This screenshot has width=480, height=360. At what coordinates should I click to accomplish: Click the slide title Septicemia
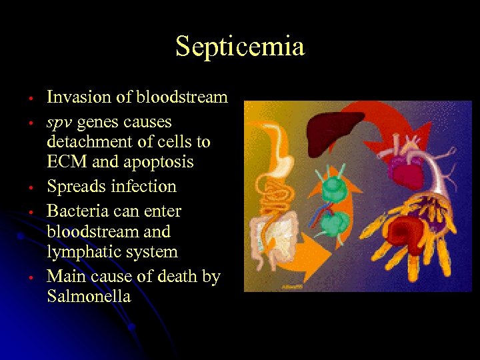(240, 47)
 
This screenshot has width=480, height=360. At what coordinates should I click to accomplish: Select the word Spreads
(74, 187)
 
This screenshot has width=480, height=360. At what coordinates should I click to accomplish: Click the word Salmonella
(89, 296)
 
